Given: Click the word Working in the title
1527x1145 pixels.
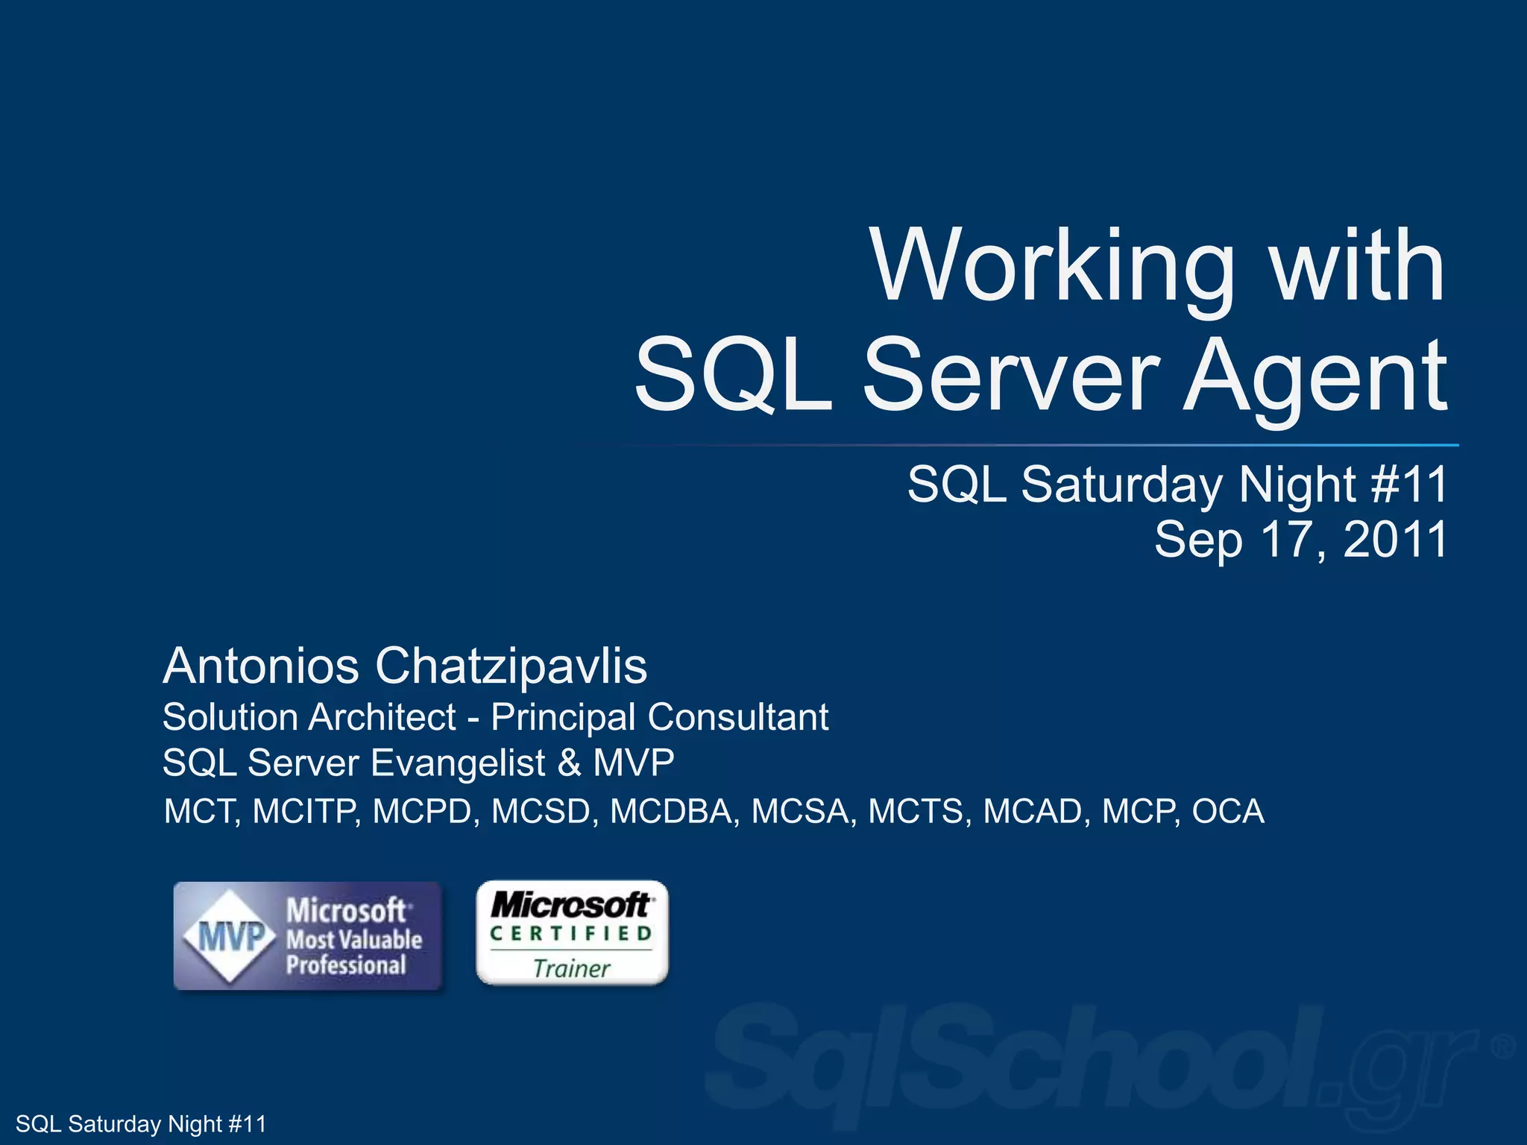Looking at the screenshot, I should [x=1053, y=267].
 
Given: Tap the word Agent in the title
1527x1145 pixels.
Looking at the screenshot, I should [x=1316, y=376].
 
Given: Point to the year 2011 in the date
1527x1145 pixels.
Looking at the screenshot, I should [x=1394, y=540].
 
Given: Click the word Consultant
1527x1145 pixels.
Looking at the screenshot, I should [x=738, y=717].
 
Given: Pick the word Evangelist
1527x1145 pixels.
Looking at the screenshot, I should [x=459, y=763].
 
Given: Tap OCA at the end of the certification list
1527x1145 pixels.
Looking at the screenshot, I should [x=1228, y=812].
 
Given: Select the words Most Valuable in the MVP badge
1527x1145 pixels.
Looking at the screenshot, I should [x=355, y=939].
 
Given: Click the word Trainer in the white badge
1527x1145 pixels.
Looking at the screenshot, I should [x=572, y=968].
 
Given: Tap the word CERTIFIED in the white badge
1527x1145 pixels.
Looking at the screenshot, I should [x=571, y=933].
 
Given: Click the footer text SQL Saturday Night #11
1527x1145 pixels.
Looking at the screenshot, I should [x=141, y=1123].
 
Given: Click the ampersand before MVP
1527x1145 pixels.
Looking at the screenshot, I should [x=569, y=763].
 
